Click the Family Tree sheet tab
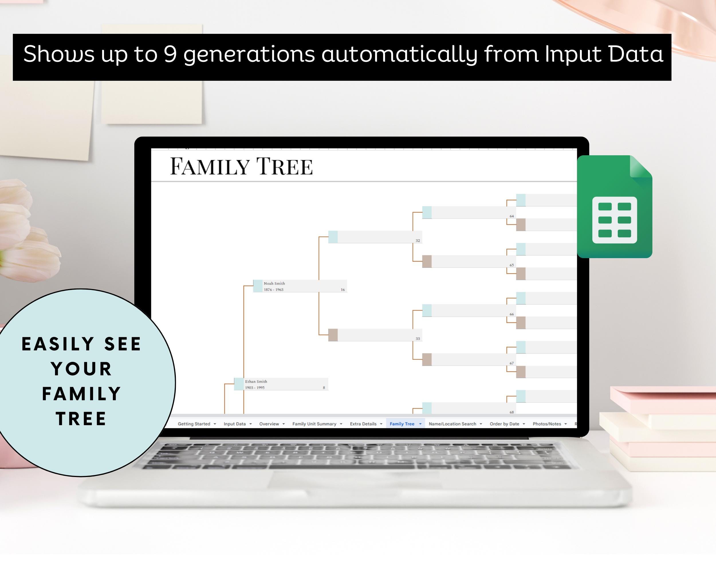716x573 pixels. (402, 424)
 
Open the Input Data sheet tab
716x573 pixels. (235, 424)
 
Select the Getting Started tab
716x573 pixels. (194, 424)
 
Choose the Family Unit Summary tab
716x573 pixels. (314, 424)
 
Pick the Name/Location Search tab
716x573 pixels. (452, 424)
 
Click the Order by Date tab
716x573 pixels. (504, 424)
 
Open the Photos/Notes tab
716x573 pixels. (547, 424)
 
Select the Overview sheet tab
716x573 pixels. (269, 424)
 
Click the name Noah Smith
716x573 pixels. (274, 283)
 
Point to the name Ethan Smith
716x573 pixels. (256, 381)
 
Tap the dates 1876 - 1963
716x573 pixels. (274, 290)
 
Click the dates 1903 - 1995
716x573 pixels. (255, 388)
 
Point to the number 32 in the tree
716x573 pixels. (418, 240)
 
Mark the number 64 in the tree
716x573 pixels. (512, 216)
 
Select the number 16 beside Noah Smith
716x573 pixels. (343, 290)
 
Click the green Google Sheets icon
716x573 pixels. (615, 207)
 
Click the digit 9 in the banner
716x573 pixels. (170, 54)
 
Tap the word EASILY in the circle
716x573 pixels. (58, 344)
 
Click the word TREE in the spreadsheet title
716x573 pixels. (284, 166)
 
